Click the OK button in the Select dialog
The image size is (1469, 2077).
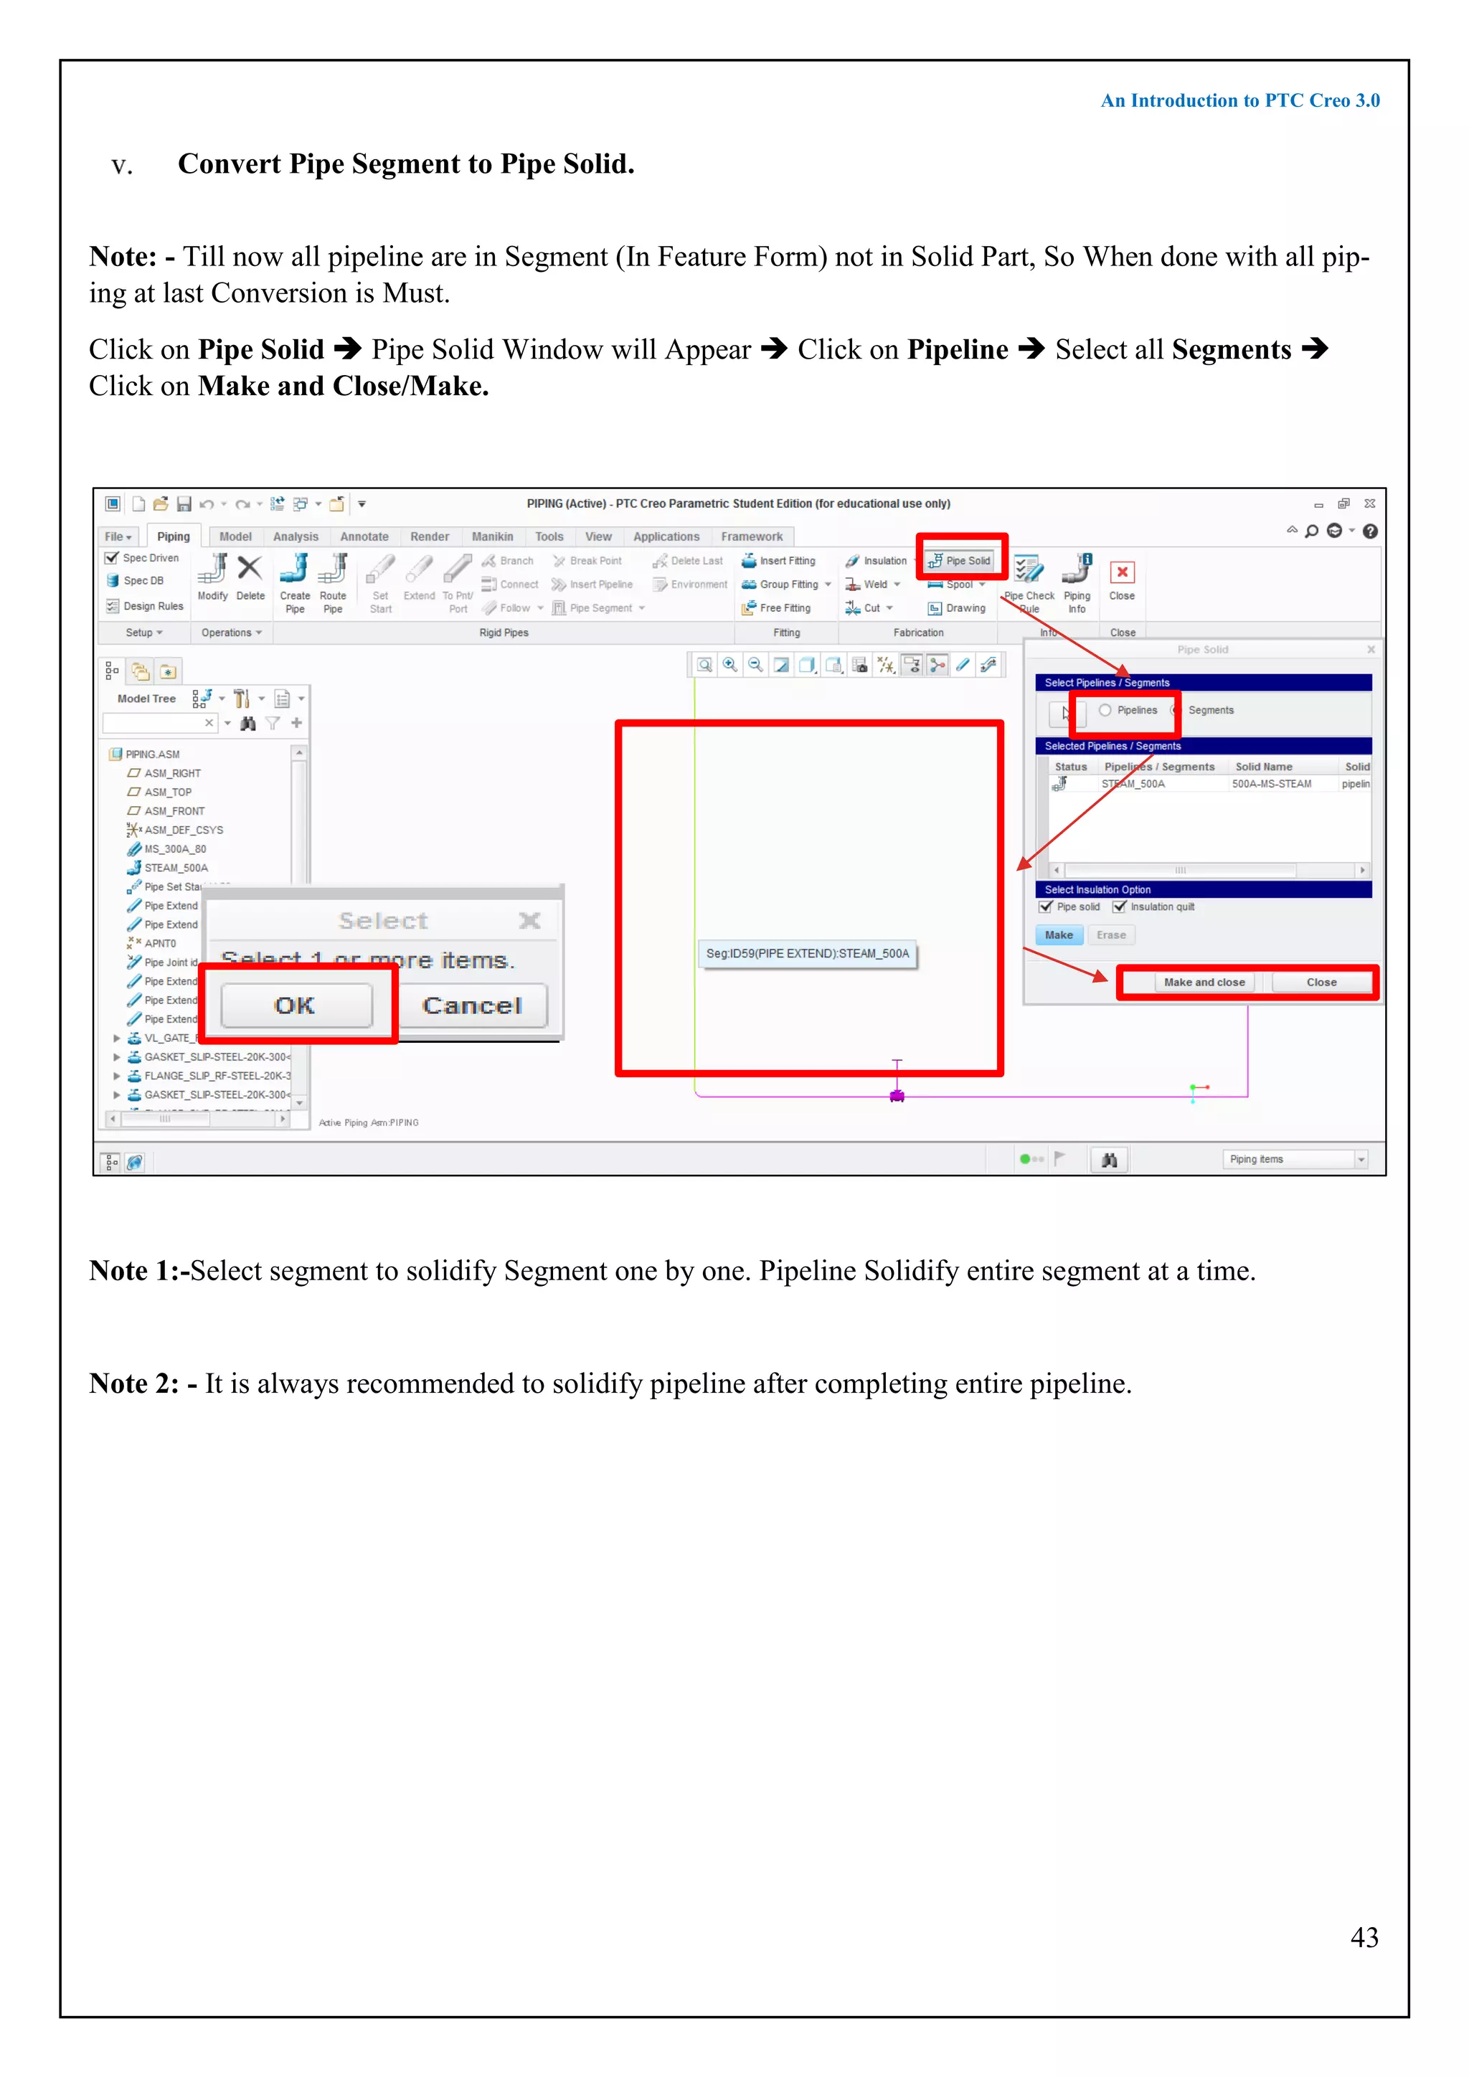(296, 1005)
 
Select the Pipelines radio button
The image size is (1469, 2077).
(1105, 710)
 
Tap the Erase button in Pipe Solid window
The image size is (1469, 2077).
(1111, 935)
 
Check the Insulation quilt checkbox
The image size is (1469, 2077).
(1120, 907)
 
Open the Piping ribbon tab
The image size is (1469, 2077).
(173, 536)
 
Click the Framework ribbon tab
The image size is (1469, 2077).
(751, 536)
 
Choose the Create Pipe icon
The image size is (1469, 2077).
(295, 570)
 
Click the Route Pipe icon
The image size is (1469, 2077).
(333, 570)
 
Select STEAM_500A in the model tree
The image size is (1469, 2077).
(176, 868)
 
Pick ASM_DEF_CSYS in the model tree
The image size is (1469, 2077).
(184, 830)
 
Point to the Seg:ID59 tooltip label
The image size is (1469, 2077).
(807, 953)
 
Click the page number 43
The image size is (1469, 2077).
(1364, 1938)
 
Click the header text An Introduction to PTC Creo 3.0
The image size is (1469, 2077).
(1239, 100)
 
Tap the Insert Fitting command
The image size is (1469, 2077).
(779, 561)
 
